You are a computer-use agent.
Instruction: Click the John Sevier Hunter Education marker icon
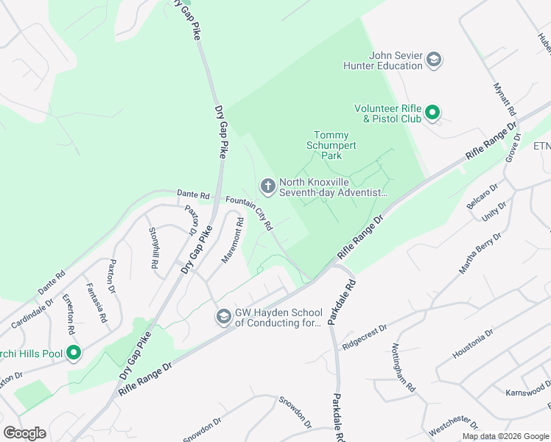coord(434,59)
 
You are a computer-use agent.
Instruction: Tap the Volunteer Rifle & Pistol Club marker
coord(433,113)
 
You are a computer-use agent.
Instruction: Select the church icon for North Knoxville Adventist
coord(267,186)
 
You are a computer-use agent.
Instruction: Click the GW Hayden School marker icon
coord(223,316)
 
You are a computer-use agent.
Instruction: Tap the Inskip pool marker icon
coord(73,354)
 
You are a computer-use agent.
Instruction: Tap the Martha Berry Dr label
coord(481,253)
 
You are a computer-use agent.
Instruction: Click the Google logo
coord(24,433)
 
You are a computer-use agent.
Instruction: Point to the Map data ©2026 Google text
coord(505,436)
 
